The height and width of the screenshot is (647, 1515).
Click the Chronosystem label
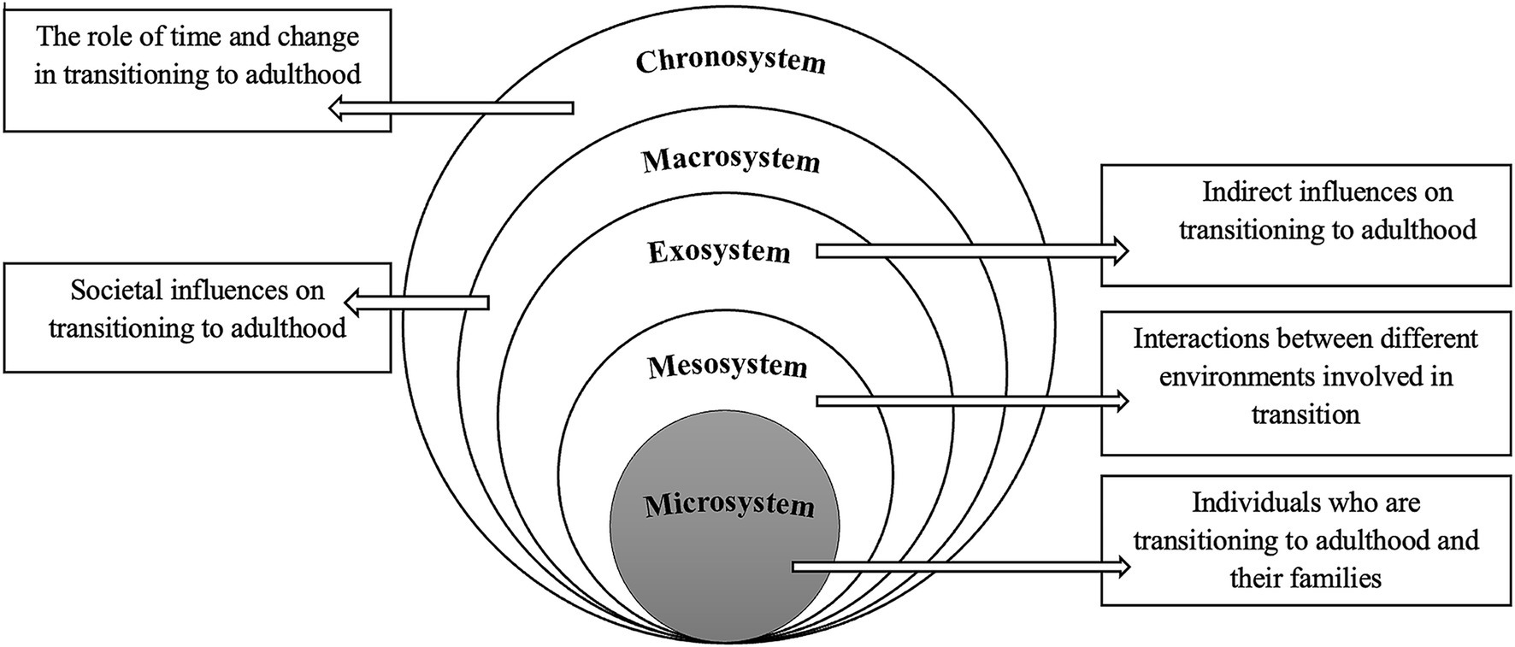coord(731,62)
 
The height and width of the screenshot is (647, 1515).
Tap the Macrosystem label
coord(731,161)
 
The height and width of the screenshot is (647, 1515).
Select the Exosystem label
coord(719,252)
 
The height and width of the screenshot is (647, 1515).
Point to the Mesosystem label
coord(728,367)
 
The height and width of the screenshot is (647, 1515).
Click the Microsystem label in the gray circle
coord(729,504)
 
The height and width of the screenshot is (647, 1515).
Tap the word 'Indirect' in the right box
coord(1247,191)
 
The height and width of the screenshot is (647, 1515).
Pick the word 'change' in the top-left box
coord(315,38)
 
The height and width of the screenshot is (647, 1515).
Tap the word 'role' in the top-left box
coord(113,38)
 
